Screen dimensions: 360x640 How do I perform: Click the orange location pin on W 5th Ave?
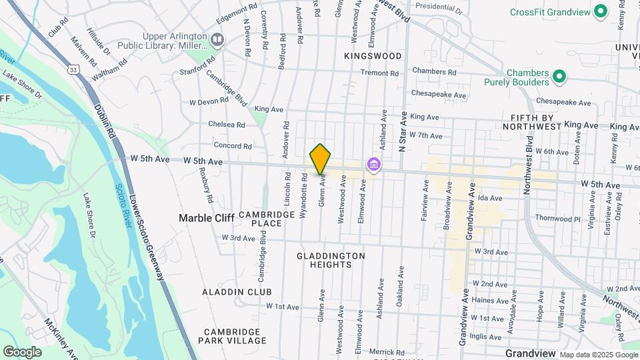tap(320, 159)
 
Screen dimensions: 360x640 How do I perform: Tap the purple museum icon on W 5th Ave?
tap(373, 164)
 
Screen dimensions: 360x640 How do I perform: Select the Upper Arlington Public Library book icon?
tap(217, 40)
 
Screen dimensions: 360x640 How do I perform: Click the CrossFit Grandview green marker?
tap(600, 12)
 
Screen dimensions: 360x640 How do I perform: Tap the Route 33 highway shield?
tap(72, 68)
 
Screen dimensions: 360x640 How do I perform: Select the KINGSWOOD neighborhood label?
tap(373, 56)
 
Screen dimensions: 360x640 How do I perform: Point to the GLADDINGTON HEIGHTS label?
tap(331, 260)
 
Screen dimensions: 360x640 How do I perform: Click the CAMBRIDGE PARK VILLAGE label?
tap(235, 336)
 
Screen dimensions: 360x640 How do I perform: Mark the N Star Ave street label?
tap(403, 131)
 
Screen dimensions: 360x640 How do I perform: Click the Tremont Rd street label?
tap(379, 73)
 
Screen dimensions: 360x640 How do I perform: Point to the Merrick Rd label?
tap(387, 352)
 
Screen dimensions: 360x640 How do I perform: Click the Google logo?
tap(22, 351)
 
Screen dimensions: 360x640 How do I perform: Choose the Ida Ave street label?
tap(489, 198)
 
